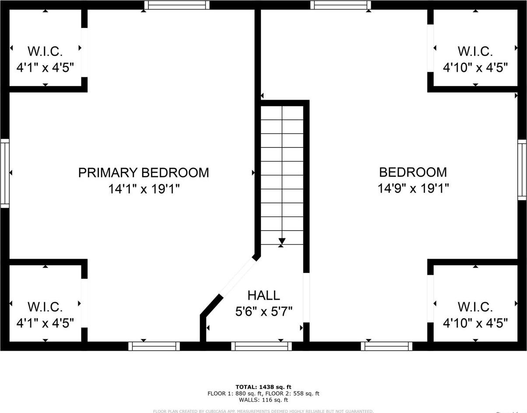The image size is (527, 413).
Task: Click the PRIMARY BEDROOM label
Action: point(144,172)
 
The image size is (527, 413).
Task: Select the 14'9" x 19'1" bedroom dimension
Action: point(413,188)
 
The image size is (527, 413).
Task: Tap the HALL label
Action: point(263,295)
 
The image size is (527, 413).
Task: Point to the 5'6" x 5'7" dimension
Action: point(263,311)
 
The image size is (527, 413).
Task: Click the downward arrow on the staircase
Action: point(282,241)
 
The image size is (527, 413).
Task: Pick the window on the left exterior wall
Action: point(5,173)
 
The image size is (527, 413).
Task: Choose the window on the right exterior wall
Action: point(522,170)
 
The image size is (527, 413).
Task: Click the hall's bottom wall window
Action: point(261,346)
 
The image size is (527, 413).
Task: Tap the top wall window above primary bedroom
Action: point(177,5)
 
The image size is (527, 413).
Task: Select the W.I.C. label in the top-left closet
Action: point(45,51)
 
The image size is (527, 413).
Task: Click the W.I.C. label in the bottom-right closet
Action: point(475,307)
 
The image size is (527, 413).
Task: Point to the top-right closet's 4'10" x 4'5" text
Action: point(475,68)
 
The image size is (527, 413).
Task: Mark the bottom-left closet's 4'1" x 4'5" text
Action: point(45,323)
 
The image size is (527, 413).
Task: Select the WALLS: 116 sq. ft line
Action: point(263,400)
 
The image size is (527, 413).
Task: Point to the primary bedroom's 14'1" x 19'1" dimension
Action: point(144,189)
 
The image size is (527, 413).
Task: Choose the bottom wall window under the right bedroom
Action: point(386,346)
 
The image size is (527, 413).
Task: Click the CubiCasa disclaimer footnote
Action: point(263,411)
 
